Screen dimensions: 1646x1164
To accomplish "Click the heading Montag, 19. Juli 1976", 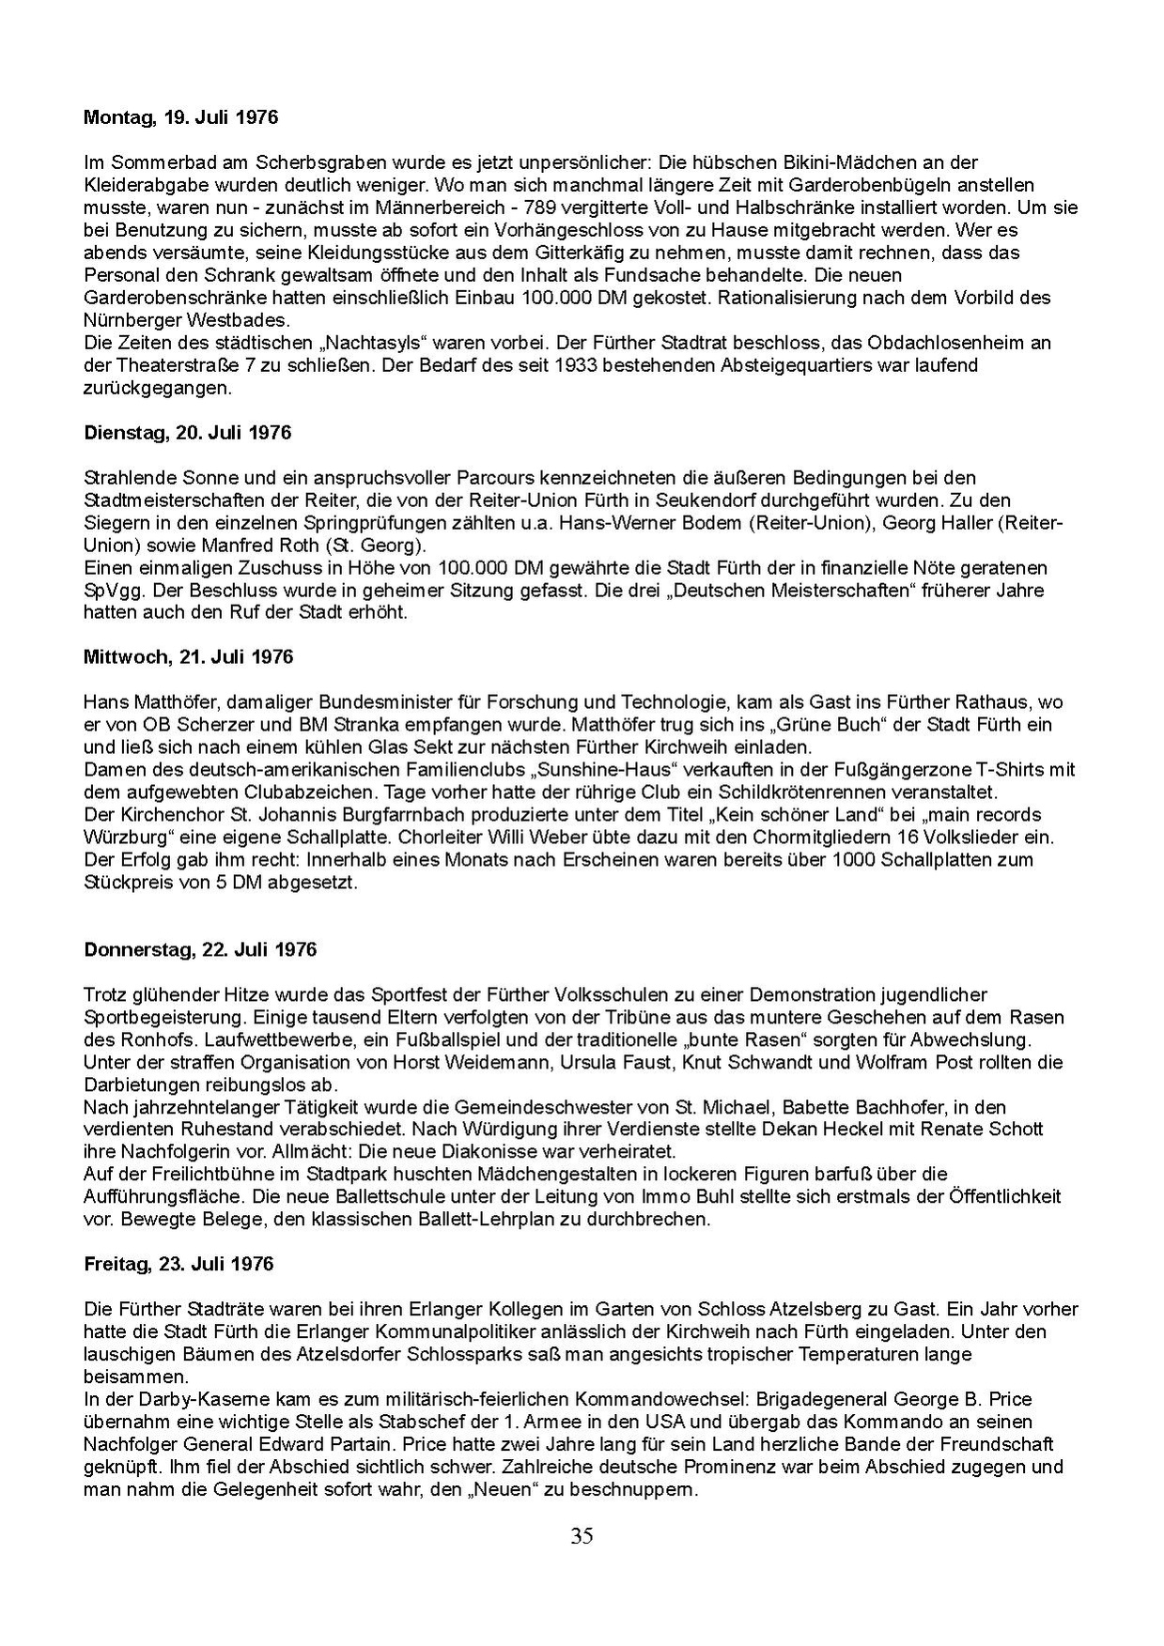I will [180, 118].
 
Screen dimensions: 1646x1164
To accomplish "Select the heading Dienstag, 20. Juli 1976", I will [187, 433].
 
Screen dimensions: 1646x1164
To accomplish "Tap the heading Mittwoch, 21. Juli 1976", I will [188, 656].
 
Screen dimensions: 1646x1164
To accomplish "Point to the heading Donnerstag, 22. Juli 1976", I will [200, 948].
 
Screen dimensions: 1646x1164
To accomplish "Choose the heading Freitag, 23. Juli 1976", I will [178, 1264].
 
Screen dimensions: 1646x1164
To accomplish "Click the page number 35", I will [582, 1536].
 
